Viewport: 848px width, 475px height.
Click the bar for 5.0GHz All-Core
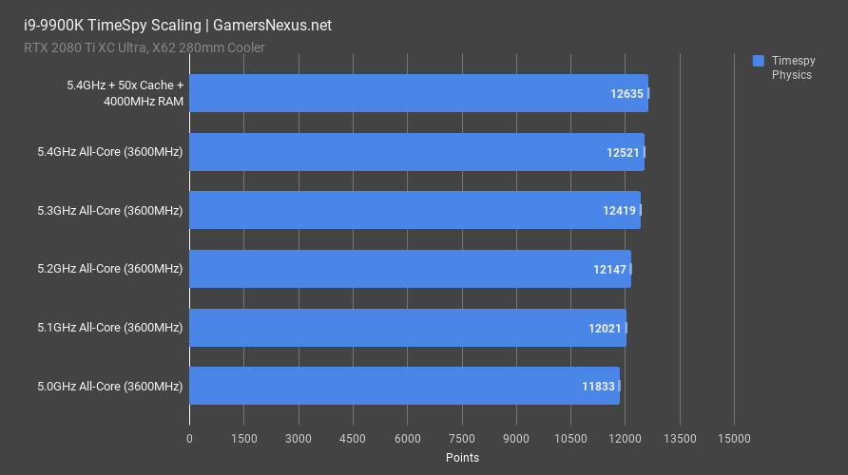tap(404, 386)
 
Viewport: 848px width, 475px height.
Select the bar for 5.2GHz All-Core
tap(410, 269)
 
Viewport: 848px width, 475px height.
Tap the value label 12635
tap(627, 94)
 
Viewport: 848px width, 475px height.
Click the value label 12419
tap(619, 211)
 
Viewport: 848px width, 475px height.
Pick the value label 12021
tap(606, 328)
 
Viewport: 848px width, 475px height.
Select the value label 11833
tap(599, 387)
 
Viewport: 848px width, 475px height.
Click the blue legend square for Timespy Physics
tap(759, 60)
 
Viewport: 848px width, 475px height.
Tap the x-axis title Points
tap(462, 458)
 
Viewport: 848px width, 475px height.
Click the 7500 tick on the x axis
tap(462, 439)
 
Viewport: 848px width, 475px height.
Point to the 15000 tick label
tap(734, 439)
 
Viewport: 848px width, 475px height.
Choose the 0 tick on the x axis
tap(189, 439)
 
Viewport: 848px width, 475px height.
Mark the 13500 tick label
tap(680, 439)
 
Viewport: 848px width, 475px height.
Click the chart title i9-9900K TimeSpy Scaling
tap(171, 26)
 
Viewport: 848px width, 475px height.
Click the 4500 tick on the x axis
tap(353, 439)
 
